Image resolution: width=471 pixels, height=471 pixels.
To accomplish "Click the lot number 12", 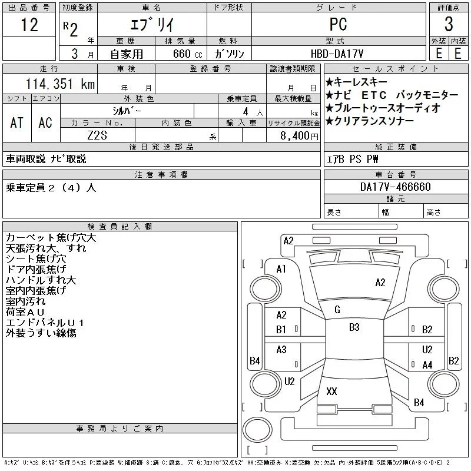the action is (29, 25).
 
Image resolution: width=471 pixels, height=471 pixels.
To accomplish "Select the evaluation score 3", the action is (449, 24).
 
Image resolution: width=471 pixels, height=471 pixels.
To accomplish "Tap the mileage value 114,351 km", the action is (61, 84).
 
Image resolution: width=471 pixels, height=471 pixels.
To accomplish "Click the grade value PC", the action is (338, 24).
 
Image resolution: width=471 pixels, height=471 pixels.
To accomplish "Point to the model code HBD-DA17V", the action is (337, 54).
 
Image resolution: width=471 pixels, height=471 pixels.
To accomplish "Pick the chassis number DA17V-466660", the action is (395, 187).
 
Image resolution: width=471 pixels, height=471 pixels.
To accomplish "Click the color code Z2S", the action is (97, 135).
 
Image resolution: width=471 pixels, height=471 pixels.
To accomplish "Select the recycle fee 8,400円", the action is (299, 136).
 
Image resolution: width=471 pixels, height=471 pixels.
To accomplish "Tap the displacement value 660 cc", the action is (187, 54).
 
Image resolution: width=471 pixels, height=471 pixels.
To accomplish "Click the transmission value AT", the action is (16, 122).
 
